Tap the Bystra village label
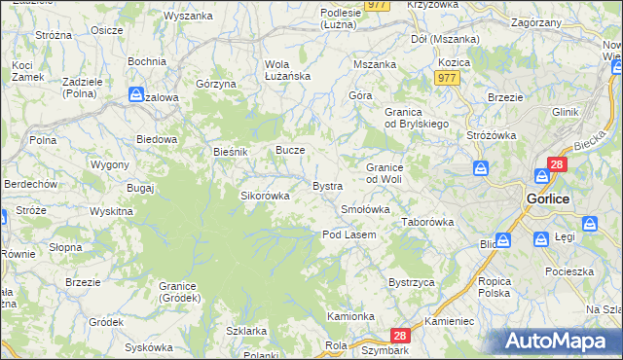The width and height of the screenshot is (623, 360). (326, 185)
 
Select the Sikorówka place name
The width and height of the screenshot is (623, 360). (265, 196)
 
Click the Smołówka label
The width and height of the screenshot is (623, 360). (365, 209)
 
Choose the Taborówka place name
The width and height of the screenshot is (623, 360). (428, 222)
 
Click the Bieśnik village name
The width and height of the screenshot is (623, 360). (232, 153)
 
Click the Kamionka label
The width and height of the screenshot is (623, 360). (350, 316)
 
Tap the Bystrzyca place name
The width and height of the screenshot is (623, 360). (411, 282)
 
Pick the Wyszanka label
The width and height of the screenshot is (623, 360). (188, 17)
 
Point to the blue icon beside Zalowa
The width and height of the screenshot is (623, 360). (136, 94)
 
